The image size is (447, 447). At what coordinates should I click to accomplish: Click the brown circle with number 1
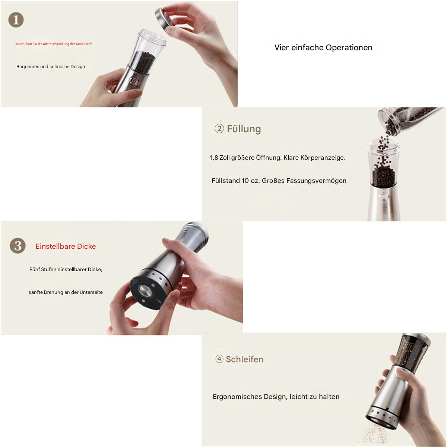coord(16,20)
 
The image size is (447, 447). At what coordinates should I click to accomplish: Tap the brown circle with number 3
coord(18,245)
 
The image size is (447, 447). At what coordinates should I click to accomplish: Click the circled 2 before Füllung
coord(219,129)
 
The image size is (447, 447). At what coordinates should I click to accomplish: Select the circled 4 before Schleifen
coord(219,359)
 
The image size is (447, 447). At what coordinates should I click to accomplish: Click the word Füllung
coord(244,129)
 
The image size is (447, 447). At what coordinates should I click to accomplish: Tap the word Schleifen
coord(244,359)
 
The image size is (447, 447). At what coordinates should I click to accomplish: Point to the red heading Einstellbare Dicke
coord(66,246)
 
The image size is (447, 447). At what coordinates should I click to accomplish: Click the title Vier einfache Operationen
coord(323,48)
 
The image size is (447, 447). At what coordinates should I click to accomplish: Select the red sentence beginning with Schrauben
coord(54,44)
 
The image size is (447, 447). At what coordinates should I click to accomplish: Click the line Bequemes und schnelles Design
coord(51,67)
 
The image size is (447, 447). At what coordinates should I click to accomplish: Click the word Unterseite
coord(91,292)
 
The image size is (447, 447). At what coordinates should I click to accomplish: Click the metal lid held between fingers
coord(163,19)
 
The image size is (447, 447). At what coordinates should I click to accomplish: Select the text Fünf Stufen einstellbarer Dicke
coord(66,270)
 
